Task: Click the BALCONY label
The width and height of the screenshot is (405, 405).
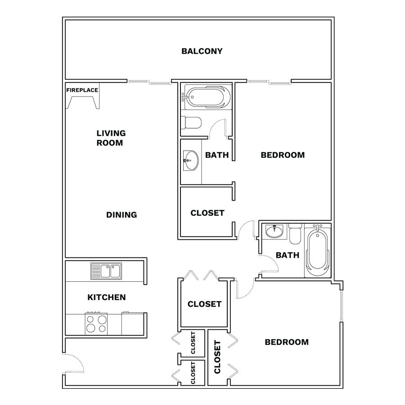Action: tap(202, 51)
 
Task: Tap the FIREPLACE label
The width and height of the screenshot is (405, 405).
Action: tap(82, 90)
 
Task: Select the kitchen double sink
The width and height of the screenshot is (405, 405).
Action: tap(106, 271)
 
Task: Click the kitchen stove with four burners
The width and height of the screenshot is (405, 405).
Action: tap(96, 324)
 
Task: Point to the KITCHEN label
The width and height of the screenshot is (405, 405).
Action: tap(106, 297)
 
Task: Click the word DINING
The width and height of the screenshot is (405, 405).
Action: tap(121, 215)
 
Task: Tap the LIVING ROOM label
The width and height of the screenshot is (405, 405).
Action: tap(111, 138)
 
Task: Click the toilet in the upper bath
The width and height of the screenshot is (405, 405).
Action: tap(191, 123)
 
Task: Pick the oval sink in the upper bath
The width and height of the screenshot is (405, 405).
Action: tap(191, 161)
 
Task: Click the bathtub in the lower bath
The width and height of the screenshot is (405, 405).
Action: tap(317, 251)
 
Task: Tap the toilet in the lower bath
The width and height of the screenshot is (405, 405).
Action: tap(295, 234)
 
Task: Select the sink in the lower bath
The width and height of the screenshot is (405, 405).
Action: tap(274, 231)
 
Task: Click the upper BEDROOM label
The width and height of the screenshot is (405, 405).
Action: tap(283, 155)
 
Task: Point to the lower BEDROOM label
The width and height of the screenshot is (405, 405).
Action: tap(287, 342)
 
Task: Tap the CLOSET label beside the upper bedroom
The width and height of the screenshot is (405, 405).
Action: tap(207, 213)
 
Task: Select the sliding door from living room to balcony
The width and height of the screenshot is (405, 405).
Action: tap(149, 82)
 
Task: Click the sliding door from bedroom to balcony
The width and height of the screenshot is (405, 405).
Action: tap(269, 82)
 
